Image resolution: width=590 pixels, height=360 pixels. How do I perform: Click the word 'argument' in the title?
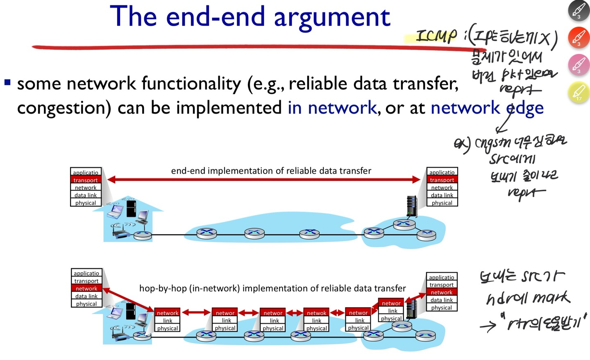(x=331, y=18)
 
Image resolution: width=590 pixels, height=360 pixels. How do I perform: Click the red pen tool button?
(x=579, y=38)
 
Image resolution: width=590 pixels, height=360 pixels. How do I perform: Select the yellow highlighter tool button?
(x=579, y=92)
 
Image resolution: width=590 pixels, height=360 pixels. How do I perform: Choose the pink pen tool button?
(x=579, y=65)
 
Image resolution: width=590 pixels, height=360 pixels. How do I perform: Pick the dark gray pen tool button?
(x=579, y=11)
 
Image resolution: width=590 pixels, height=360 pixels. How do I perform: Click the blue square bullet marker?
(x=7, y=82)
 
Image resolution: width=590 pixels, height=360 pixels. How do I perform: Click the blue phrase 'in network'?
(x=332, y=108)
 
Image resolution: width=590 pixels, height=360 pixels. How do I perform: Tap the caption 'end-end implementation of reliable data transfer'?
(x=271, y=171)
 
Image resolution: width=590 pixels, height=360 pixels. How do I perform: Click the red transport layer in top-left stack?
(x=86, y=180)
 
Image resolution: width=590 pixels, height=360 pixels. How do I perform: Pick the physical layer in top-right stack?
(x=442, y=203)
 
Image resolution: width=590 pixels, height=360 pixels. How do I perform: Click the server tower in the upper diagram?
(x=411, y=206)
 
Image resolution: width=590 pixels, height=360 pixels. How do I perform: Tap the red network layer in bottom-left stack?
(x=86, y=288)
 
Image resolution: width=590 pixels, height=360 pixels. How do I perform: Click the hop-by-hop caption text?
(x=272, y=288)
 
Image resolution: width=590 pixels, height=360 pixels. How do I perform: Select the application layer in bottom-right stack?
(x=441, y=277)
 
